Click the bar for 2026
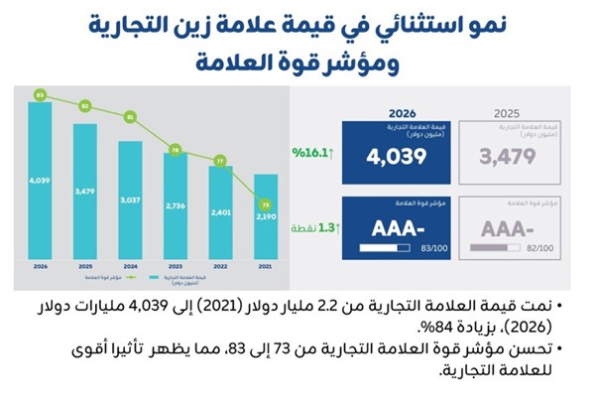[41, 179]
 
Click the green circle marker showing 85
[41, 94]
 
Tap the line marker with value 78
[176, 151]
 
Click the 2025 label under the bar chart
[85, 265]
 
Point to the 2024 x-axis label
[130, 265]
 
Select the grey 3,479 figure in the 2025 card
[506, 157]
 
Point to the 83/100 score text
[426, 246]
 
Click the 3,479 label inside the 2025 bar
[85, 190]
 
